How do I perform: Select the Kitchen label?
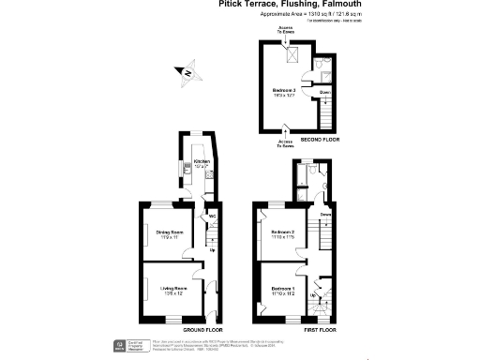(202, 162)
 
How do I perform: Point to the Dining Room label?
(169, 232)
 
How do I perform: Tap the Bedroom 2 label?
(282, 232)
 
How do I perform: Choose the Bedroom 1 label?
(282, 289)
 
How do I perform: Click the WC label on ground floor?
(213, 217)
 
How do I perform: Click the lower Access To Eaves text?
(286, 144)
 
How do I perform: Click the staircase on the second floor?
(327, 114)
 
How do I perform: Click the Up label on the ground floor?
(212, 250)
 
